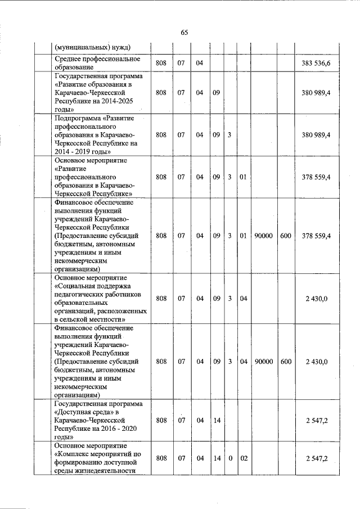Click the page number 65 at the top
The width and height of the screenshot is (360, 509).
pos(184,32)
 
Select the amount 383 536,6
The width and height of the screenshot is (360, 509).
pos(316,62)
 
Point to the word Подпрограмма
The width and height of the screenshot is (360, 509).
pos(79,119)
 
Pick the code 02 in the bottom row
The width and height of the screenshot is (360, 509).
pos(244,459)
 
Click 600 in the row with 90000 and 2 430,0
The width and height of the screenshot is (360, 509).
pos(286,362)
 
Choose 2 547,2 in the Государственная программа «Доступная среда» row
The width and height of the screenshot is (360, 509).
pos(317,420)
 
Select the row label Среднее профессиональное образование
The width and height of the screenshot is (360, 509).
pos(96,62)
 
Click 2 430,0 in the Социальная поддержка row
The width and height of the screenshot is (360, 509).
pos(317,299)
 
